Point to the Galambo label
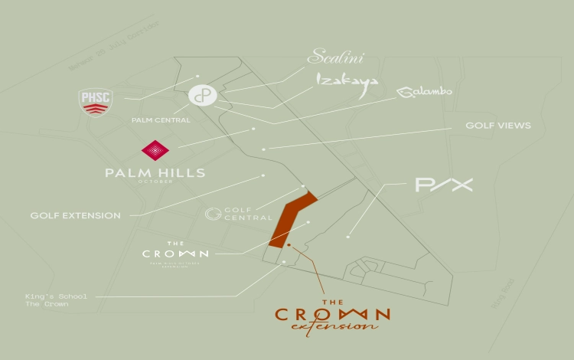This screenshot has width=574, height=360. click(x=424, y=92)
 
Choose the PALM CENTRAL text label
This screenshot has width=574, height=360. click(x=161, y=120)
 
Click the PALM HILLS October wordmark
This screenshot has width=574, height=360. click(x=155, y=174)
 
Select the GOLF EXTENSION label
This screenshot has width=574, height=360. click(x=76, y=216)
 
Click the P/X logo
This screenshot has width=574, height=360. click(x=444, y=185)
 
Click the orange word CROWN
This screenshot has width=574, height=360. click(x=333, y=314)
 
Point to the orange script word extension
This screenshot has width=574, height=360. click(x=334, y=327)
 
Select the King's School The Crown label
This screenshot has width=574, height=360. click(x=47, y=299)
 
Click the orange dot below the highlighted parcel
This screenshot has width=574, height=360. click(x=289, y=245)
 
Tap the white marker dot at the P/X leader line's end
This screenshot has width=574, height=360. click(x=348, y=237)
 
